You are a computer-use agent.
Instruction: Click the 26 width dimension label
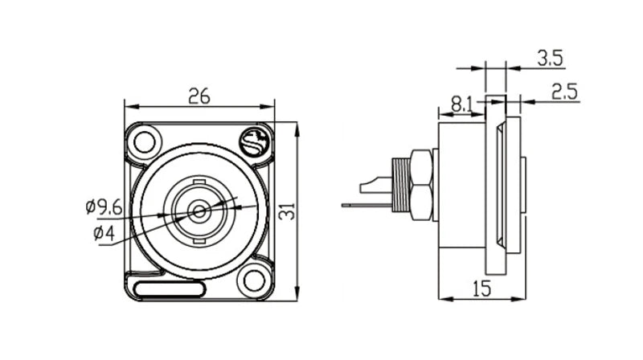click(199, 96)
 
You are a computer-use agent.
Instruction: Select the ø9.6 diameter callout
click(104, 207)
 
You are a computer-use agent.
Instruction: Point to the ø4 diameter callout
click(104, 233)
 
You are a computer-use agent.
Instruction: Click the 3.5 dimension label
click(550, 58)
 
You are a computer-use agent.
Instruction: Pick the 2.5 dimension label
click(564, 92)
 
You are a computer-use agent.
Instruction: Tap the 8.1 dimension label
click(461, 104)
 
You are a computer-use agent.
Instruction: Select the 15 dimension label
click(481, 288)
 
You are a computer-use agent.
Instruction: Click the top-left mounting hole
click(145, 142)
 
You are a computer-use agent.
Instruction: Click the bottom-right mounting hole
click(254, 281)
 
